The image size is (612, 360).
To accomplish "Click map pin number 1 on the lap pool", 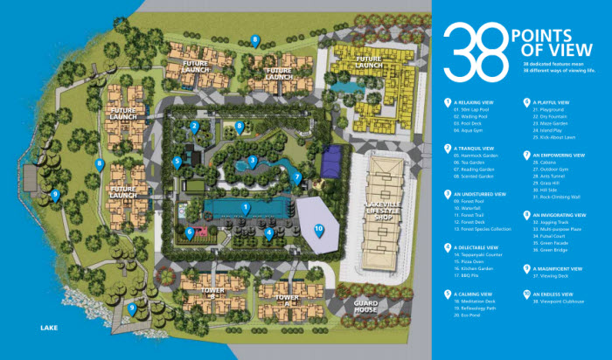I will click(246, 208).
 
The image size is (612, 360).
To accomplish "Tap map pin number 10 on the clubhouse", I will click(318, 229).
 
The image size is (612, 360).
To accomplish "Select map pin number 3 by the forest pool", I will click(252, 161).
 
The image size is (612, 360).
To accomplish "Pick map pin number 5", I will click(177, 161).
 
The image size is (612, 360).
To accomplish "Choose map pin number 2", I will click(194, 127).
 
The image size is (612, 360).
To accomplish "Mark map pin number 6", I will click(190, 232).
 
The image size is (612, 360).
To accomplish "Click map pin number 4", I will click(269, 232).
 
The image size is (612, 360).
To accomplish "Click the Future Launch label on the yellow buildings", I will click(369, 63).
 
